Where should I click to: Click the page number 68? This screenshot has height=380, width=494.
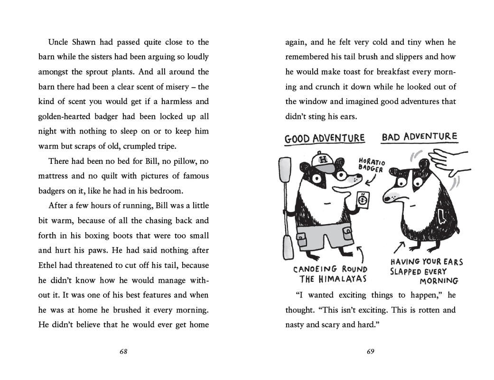123,352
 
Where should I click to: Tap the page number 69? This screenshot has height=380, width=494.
371,352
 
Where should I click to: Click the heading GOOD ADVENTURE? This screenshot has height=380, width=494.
325,138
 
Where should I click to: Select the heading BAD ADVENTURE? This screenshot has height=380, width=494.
419,137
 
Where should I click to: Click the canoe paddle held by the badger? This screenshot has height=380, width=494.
286,204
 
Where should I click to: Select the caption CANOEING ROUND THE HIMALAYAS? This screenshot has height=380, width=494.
330,274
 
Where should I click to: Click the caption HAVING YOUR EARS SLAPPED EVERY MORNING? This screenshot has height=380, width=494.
426,271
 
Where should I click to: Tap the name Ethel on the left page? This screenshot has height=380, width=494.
50,265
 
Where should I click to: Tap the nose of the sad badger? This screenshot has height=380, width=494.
385,197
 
